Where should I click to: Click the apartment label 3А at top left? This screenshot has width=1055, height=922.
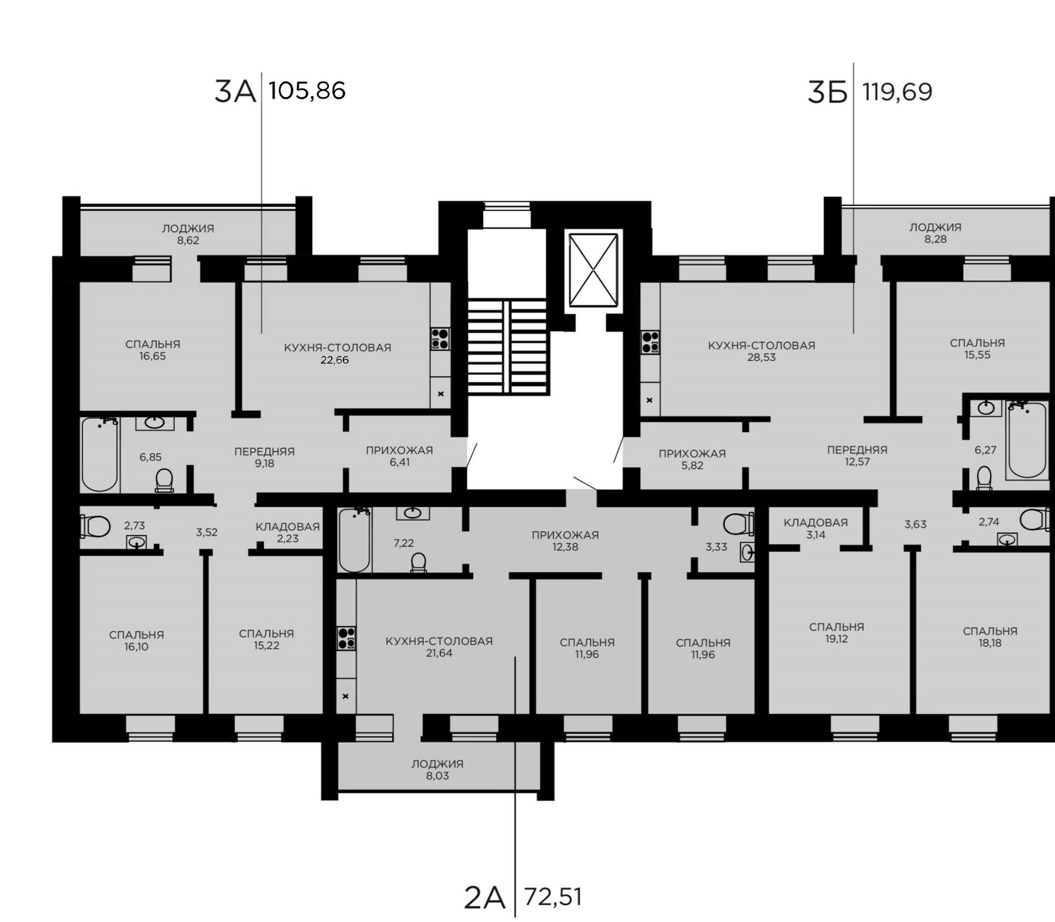tap(235, 91)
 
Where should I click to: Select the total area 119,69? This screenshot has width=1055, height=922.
tap(897, 92)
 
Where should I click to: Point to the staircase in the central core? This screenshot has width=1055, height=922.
tap(508, 347)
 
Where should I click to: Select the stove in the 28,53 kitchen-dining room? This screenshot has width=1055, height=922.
tap(651, 342)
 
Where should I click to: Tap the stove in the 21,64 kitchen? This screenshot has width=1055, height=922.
tap(347, 638)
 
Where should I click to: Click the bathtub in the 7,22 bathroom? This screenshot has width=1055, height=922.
tap(354, 540)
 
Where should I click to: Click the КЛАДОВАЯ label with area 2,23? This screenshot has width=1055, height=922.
tap(287, 526)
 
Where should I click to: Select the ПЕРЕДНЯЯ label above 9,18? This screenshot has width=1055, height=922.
tap(264, 451)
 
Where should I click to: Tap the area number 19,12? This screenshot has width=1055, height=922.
tap(836, 638)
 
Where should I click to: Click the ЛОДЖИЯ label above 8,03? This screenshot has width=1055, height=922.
tap(437, 764)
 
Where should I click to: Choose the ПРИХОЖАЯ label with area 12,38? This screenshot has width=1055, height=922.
tap(565, 535)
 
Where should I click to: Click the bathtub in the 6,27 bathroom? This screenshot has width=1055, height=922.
tap(1027, 440)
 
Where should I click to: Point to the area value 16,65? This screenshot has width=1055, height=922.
tap(153, 356)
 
